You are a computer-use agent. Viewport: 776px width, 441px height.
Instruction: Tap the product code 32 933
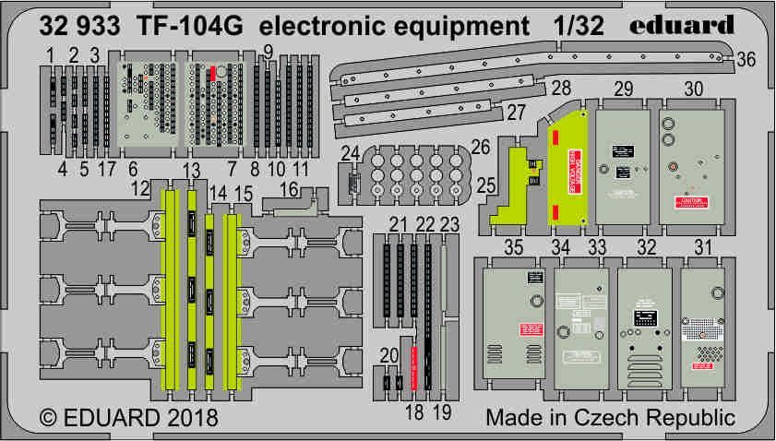(78, 27)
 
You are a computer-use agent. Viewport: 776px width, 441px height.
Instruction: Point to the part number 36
(747, 59)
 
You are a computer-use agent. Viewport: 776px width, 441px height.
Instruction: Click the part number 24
(349, 152)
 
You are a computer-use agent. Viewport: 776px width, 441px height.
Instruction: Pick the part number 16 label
(288, 189)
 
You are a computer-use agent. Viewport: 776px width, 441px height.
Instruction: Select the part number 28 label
(559, 89)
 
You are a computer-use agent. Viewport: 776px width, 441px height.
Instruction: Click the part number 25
(485, 187)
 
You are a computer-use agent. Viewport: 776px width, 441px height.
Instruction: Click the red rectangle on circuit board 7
(213, 74)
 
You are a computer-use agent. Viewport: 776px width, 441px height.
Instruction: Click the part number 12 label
(140, 188)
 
